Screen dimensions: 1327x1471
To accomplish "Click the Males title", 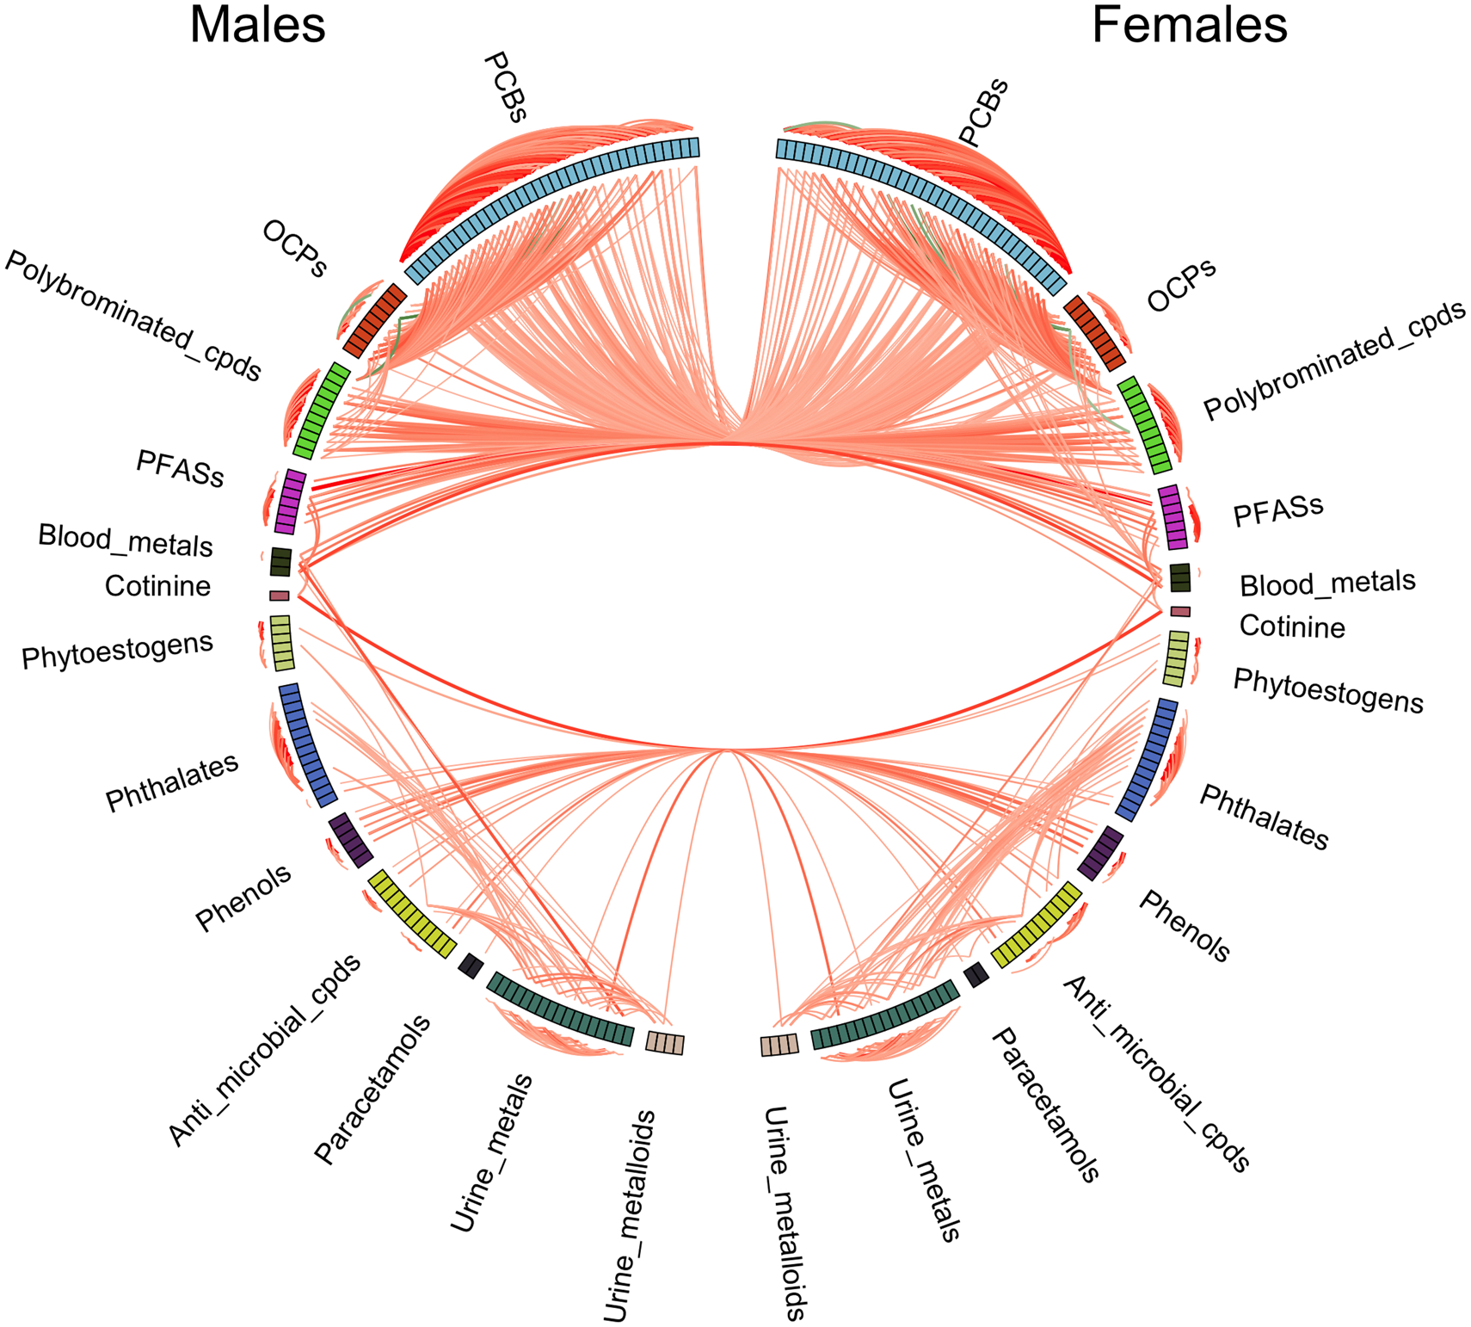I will point(257,25).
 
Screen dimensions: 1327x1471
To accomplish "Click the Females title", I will point(1189,25).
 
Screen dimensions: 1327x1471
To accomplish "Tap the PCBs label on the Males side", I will point(505,87).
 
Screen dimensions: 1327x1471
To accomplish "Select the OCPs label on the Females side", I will point(1181,285).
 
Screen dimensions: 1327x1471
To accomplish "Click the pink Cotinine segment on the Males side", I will point(279,596).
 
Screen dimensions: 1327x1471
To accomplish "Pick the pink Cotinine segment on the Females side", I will point(1180,611).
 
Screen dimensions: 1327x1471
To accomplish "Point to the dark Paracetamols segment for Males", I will point(471,966).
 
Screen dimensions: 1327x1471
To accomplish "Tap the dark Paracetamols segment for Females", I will point(976,974).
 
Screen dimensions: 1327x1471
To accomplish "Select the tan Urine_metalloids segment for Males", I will point(665,1043).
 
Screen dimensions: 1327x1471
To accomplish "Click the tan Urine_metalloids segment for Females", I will point(779,1045).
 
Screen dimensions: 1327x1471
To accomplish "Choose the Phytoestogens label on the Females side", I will point(1328,690).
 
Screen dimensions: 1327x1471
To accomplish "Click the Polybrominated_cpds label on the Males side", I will point(132,317).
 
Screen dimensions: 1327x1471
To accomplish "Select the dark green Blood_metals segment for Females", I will point(1179,577).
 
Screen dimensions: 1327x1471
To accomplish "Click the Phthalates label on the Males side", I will point(172,783).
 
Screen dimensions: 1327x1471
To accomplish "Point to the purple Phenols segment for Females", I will point(1100,853).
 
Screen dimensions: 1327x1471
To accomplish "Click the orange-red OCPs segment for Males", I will point(375,319).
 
